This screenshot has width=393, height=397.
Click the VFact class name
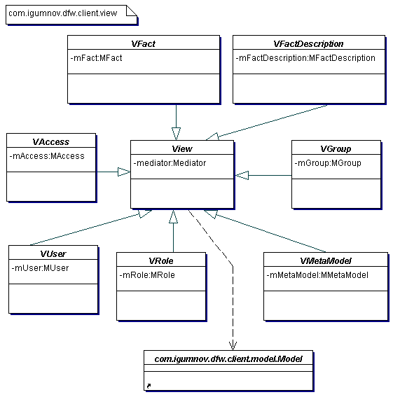tap(143, 44)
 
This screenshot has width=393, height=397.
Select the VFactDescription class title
tap(308, 44)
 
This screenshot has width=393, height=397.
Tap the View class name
tap(182, 148)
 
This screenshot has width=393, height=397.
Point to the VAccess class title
tap(50, 141)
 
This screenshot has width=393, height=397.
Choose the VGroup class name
tap(336, 148)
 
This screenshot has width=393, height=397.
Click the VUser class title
tap(53, 253)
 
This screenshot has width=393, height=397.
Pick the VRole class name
tap(161, 260)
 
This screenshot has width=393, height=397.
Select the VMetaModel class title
tap(326, 260)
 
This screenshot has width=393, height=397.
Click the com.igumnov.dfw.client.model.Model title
tap(228, 359)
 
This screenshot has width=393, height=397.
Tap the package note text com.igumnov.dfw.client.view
tap(63, 13)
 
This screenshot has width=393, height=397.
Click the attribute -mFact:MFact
tap(96, 58)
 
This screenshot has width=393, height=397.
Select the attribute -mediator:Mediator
tap(170, 163)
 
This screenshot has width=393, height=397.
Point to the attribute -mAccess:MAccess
tap(47, 156)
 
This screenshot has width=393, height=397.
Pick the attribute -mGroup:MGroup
tap(328, 163)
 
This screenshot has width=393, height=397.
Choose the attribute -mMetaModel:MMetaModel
tap(317, 275)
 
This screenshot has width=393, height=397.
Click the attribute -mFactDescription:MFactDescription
tap(305, 58)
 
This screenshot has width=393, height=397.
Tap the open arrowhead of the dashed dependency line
tap(233, 346)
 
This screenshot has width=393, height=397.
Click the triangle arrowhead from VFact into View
tap(176, 134)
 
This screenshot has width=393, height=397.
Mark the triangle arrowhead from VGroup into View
tap(242, 175)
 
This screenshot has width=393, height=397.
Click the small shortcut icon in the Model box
tap(149, 386)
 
